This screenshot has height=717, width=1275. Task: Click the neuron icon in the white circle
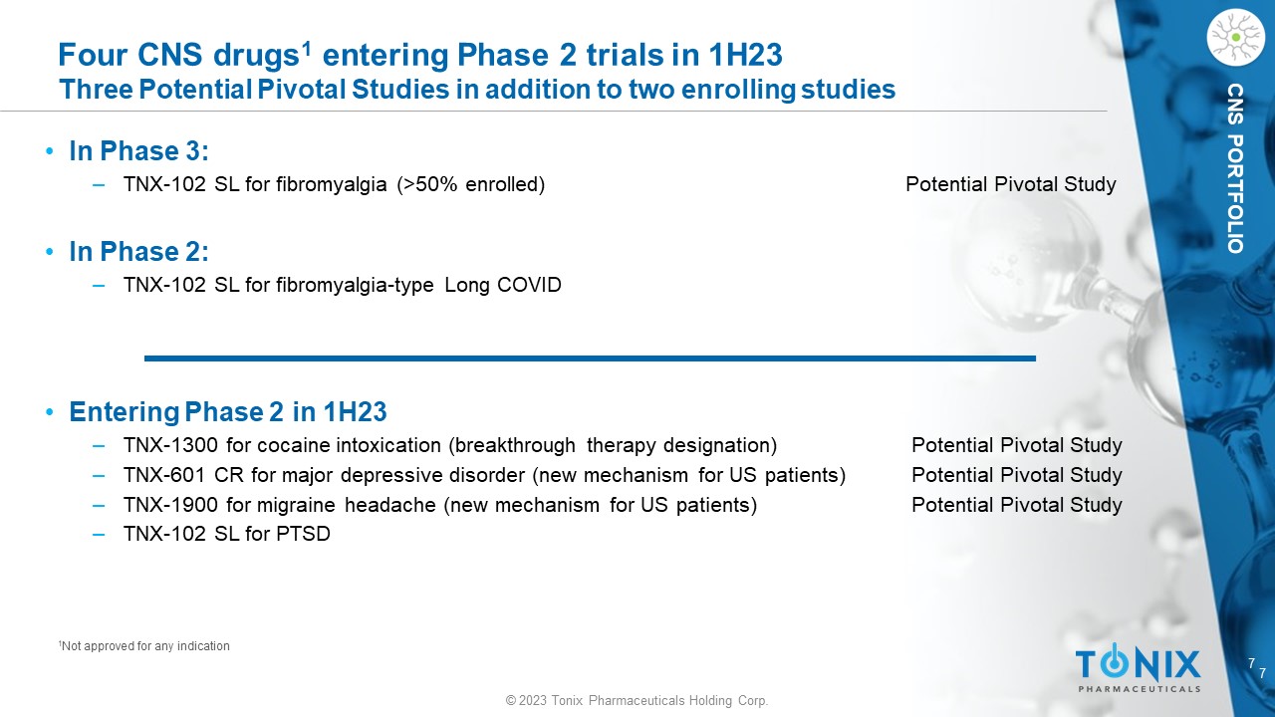pos(1236,38)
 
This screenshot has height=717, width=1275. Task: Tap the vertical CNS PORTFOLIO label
pos(1235,168)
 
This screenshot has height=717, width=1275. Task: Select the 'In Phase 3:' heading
pos(138,151)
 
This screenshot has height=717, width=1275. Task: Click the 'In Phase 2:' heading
pos(138,252)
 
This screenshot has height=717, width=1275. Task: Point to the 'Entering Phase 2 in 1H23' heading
pos(228,412)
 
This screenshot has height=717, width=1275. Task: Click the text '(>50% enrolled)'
pos(471,184)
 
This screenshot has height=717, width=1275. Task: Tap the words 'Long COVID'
pos(503,285)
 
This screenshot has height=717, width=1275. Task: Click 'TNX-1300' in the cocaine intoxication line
pos(170,445)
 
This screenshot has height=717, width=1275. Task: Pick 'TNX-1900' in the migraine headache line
pos(170,505)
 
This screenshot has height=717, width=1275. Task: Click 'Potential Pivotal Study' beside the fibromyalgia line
pos(1011,184)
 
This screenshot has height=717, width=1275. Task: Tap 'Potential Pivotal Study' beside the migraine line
pos(1017,505)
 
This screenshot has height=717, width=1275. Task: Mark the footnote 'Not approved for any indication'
pos(144,646)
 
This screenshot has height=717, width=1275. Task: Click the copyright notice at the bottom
pos(637,700)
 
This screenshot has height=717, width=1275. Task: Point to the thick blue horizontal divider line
pos(591,358)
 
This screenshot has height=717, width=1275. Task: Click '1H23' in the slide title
pos(746,55)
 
